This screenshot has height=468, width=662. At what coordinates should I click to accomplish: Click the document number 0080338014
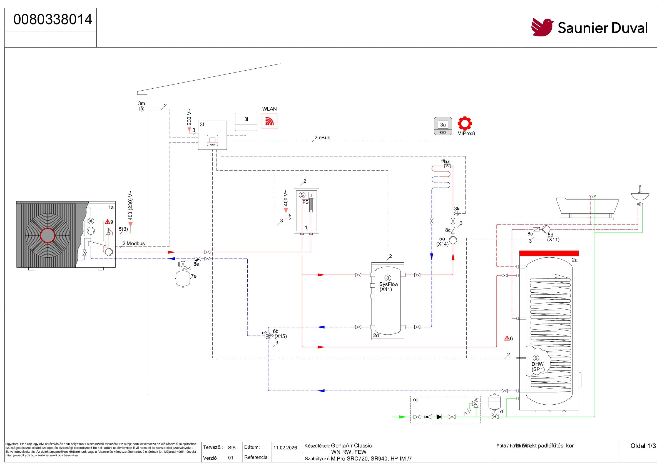[x=53, y=20]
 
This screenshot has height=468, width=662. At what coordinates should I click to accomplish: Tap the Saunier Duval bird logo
[x=542, y=28]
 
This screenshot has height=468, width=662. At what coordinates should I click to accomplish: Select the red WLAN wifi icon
[x=269, y=121]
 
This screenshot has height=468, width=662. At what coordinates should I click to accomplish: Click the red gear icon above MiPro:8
[x=465, y=123]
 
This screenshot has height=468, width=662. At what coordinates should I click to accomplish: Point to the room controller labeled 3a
[x=443, y=126]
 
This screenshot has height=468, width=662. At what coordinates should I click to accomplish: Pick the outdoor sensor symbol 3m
[x=141, y=109]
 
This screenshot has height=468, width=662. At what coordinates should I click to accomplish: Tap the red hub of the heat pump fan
[x=48, y=236]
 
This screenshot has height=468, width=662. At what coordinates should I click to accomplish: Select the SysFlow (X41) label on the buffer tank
[x=388, y=287]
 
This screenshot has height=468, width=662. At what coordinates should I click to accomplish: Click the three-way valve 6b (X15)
[x=268, y=335]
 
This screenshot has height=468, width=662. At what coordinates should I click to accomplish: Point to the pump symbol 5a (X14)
[x=453, y=240]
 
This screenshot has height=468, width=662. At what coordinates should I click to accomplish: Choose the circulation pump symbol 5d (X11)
[x=546, y=229]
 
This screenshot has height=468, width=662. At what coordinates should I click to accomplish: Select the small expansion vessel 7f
[x=494, y=401]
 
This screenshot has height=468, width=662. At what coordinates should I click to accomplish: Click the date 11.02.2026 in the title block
[x=285, y=447]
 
